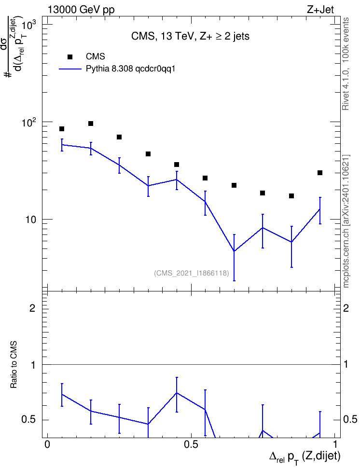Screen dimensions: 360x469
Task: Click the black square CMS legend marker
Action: pyautogui.click(x=70, y=57)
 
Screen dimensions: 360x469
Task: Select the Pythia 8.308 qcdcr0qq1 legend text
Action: pyautogui.click(x=130, y=69)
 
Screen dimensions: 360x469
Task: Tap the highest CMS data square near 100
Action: pyautogui.click(x=91, y=124)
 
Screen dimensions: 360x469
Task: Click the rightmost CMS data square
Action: pyautogui.click(x=320, y=173)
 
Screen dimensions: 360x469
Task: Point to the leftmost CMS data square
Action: pyautogui.click(x=62, y=129)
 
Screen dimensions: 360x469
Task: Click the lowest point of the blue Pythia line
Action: pyautogui.click(x=234, y=251)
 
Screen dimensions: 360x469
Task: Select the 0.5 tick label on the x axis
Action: pyautogui.click(x=191, y=444)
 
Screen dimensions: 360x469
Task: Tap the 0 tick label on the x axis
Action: pyautogui.click(x=47, y=444)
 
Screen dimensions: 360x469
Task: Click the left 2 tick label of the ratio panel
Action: pyautogui.click(x=33, y=308)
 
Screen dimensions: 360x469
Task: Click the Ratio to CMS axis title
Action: pyautogui.click(x=14, y=365)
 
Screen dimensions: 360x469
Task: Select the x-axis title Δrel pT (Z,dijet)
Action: pyautogui.click(x=305, y=457)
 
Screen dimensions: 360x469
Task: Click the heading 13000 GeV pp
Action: pyautogui.click(x=81, y=10)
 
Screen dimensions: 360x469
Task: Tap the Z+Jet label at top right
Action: pyautogui.click(x=320, y=10)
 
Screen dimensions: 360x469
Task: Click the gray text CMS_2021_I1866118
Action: pyautogui.click(x=192, y=273)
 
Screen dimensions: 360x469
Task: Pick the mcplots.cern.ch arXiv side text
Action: pyautogui.click(x=346, y=221)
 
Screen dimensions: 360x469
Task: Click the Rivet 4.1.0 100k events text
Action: pyautogui.click(x=346, y=64)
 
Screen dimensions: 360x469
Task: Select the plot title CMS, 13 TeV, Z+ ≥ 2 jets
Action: pyautogui.click(x=190, y=36)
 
